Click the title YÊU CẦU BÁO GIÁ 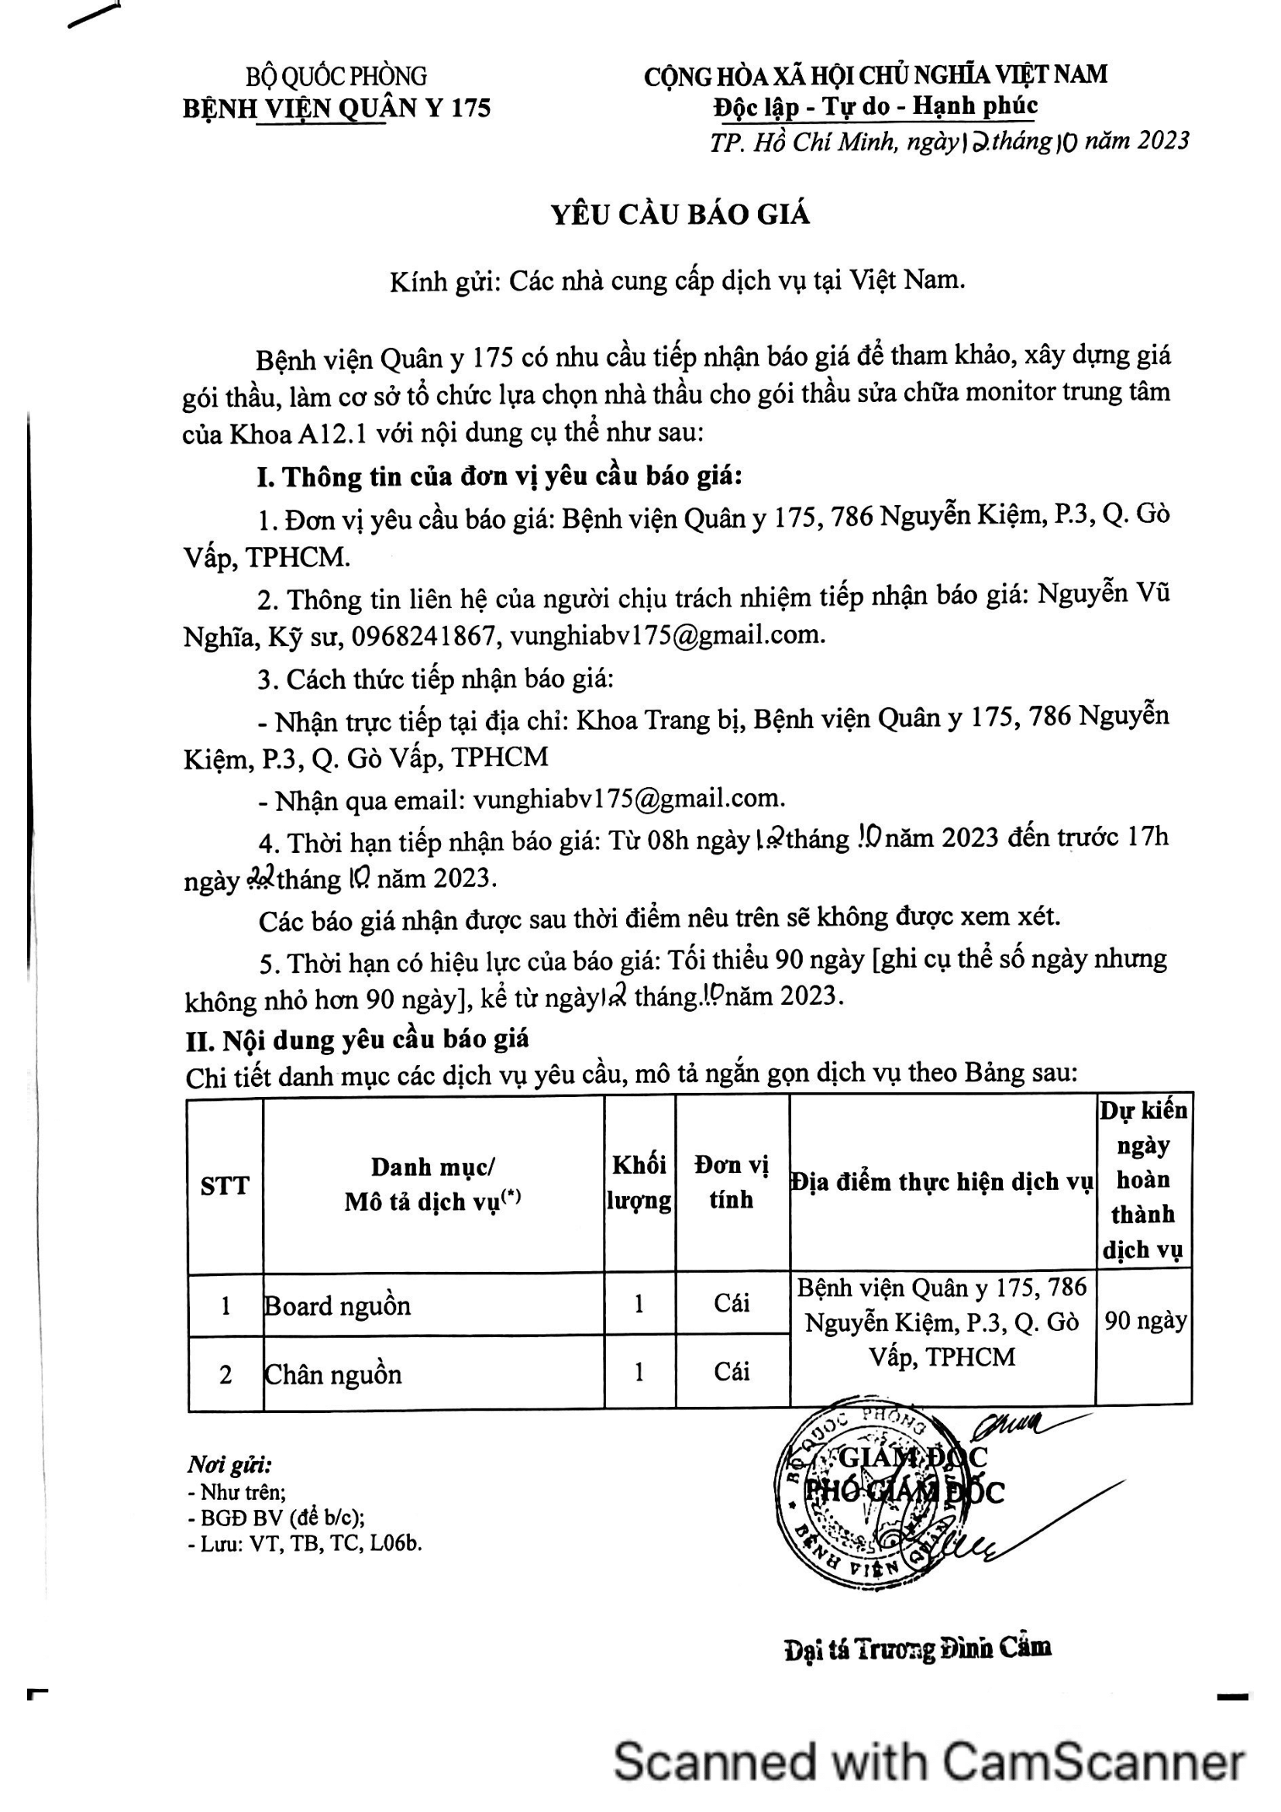[680, 215]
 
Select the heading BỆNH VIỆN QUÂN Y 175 [336, 108]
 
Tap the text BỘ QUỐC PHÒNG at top [336, 77]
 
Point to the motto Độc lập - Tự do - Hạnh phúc [874, 106]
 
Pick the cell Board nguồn [338, 1305]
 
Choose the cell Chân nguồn [333, 1374]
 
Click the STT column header [225, 1185]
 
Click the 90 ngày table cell [1145, 1320]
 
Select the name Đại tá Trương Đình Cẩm [917, 1648]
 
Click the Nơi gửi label [229, 1466]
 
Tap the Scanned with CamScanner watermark [929, 1762]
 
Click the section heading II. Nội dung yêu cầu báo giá [356, 1040]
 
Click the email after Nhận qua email [628, 799]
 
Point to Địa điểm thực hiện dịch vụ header [942, 1182]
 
